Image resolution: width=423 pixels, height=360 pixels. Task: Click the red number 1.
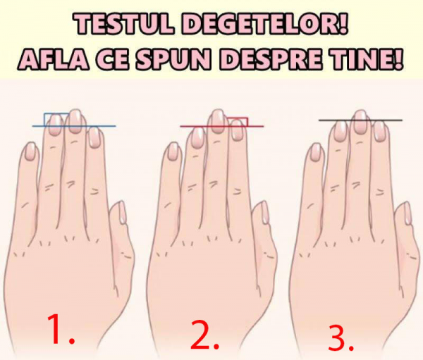(60, 329)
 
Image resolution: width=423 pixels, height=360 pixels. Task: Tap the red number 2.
(204, 334)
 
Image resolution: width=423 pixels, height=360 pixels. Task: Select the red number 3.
(341, 337)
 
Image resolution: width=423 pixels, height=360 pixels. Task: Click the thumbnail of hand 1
(122, 213)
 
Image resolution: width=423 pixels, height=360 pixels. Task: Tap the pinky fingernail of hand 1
(30, 151)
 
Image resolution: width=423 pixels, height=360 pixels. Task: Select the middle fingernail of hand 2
(217, 121)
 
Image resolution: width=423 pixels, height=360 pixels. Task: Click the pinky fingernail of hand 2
(173, 152)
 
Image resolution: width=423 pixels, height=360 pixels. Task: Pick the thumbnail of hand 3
(407, 213)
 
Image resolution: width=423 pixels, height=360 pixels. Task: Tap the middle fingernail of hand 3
(360, 122)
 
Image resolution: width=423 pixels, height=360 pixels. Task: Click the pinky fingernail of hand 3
(316, 152)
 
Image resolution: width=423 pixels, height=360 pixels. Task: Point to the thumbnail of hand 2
(265, 213)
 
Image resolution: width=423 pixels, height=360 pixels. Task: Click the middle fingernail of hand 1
(75, 121)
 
